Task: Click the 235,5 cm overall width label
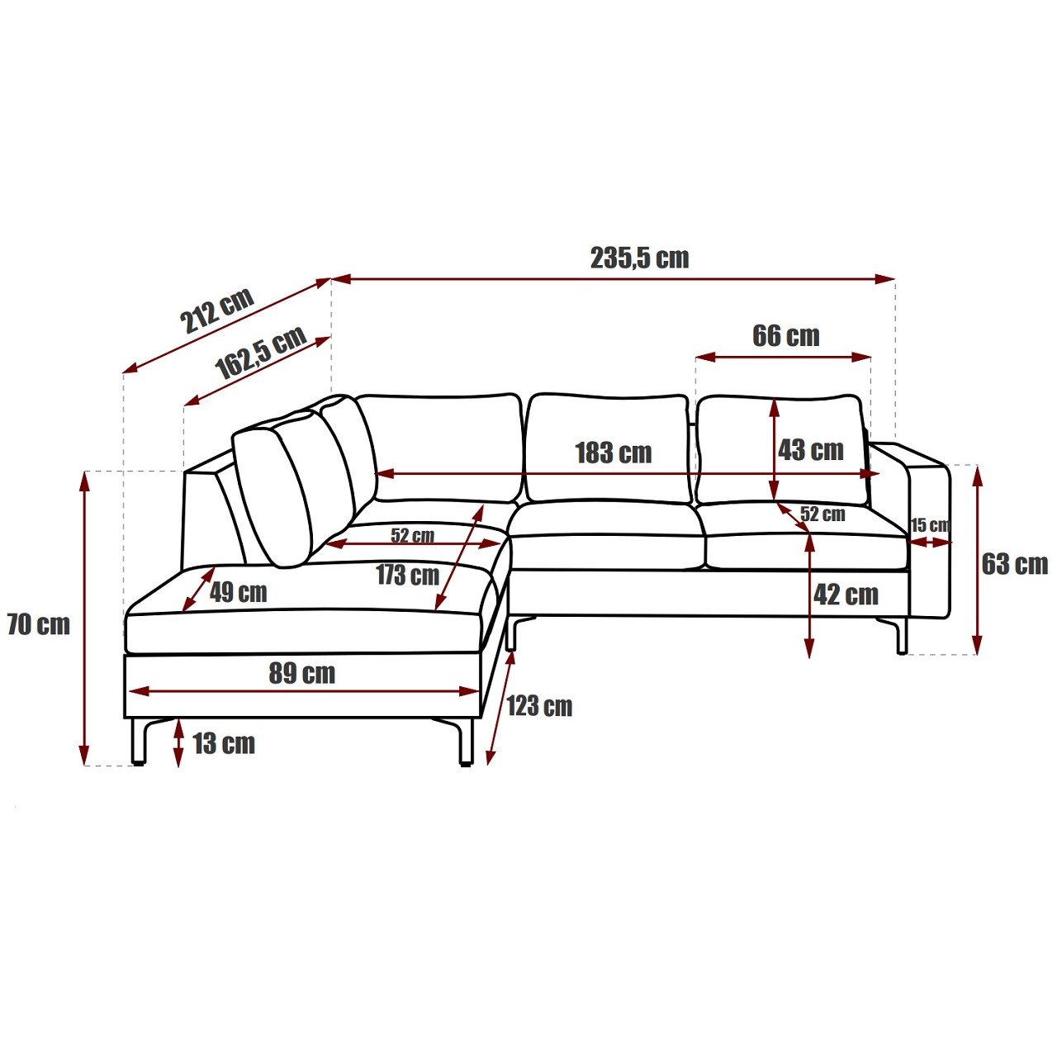tap(640, 258)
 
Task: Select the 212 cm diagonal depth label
tap(217, 310)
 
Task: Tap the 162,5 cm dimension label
tap(261, 352)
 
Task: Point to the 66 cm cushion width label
tap(786, 336)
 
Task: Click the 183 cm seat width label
tap(614, 453)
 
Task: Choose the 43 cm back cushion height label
tap(811, 450)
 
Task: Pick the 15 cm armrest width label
tap(931, 525)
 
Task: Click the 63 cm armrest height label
tap(1015, 564)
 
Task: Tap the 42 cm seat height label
tap(846, 594)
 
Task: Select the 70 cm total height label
tap(38, 624)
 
